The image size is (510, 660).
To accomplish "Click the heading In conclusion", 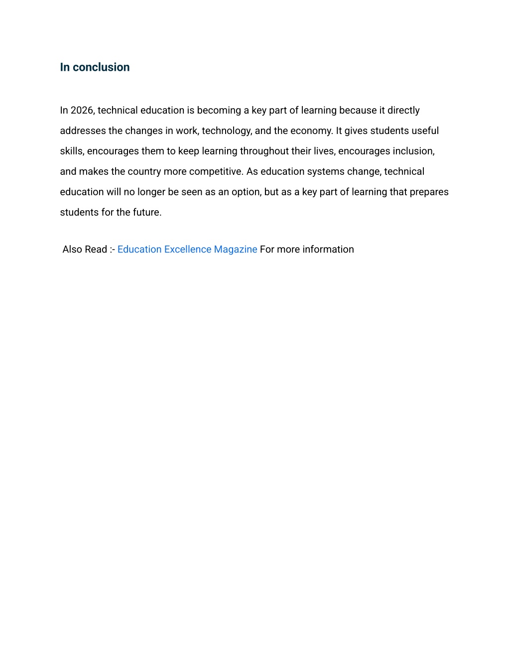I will pyautogui.click(x=95, y=67).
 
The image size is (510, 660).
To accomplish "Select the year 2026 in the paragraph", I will pyautogui.click(x=82, y=110).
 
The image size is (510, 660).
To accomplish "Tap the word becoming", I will pyautogui.click(x=219, y=110).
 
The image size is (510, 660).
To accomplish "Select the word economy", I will pyautogui.click(x=311, y=131).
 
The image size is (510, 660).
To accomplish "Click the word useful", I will pyautogui.click(x=425, y=131).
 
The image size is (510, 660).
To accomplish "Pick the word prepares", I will pyautogui.click(x=429, y=192).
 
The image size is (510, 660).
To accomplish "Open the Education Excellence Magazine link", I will pyautogui.click(x=187, y=249).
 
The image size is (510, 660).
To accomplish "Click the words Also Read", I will pyautogui.click(x=85, y=249).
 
